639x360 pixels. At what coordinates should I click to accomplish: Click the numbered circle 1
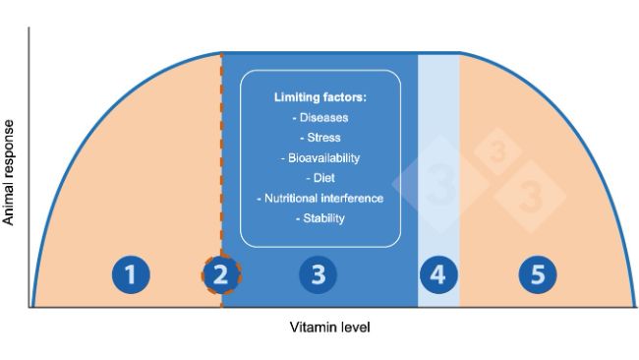pos(130,274)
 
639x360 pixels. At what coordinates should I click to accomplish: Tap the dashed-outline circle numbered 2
pos(221,274)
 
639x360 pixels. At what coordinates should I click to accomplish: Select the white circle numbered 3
pos(318,274)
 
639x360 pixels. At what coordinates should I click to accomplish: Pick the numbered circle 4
pos(438,274)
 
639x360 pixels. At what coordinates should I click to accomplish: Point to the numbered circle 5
pos(537,274)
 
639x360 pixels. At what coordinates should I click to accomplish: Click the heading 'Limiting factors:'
pos(319,98)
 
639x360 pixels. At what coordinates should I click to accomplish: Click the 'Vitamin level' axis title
pos(330,326)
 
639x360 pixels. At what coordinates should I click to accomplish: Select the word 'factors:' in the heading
pos(343,98)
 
